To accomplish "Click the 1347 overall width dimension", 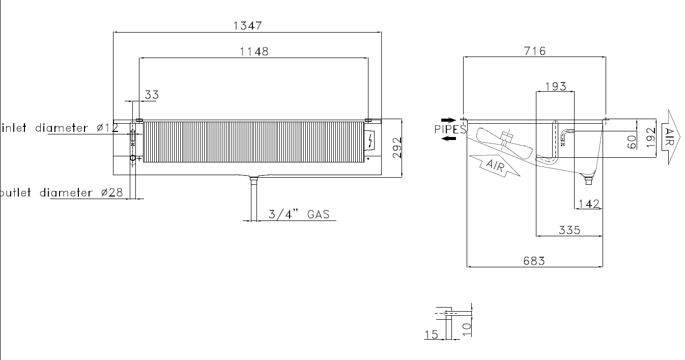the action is tap(248, 25).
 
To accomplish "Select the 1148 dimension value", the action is tap(254, 51).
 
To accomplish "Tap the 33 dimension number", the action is tap(152, 95).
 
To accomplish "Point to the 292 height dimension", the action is tap(397, 148).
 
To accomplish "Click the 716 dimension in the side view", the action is tap(534, 51).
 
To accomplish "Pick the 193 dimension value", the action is tap(556, 87).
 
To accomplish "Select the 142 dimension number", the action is tap(589, 204).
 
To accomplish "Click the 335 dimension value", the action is tap(569, 230).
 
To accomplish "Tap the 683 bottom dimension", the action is tap(534, 261).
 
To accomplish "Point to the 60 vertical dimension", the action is tap(632, 142).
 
